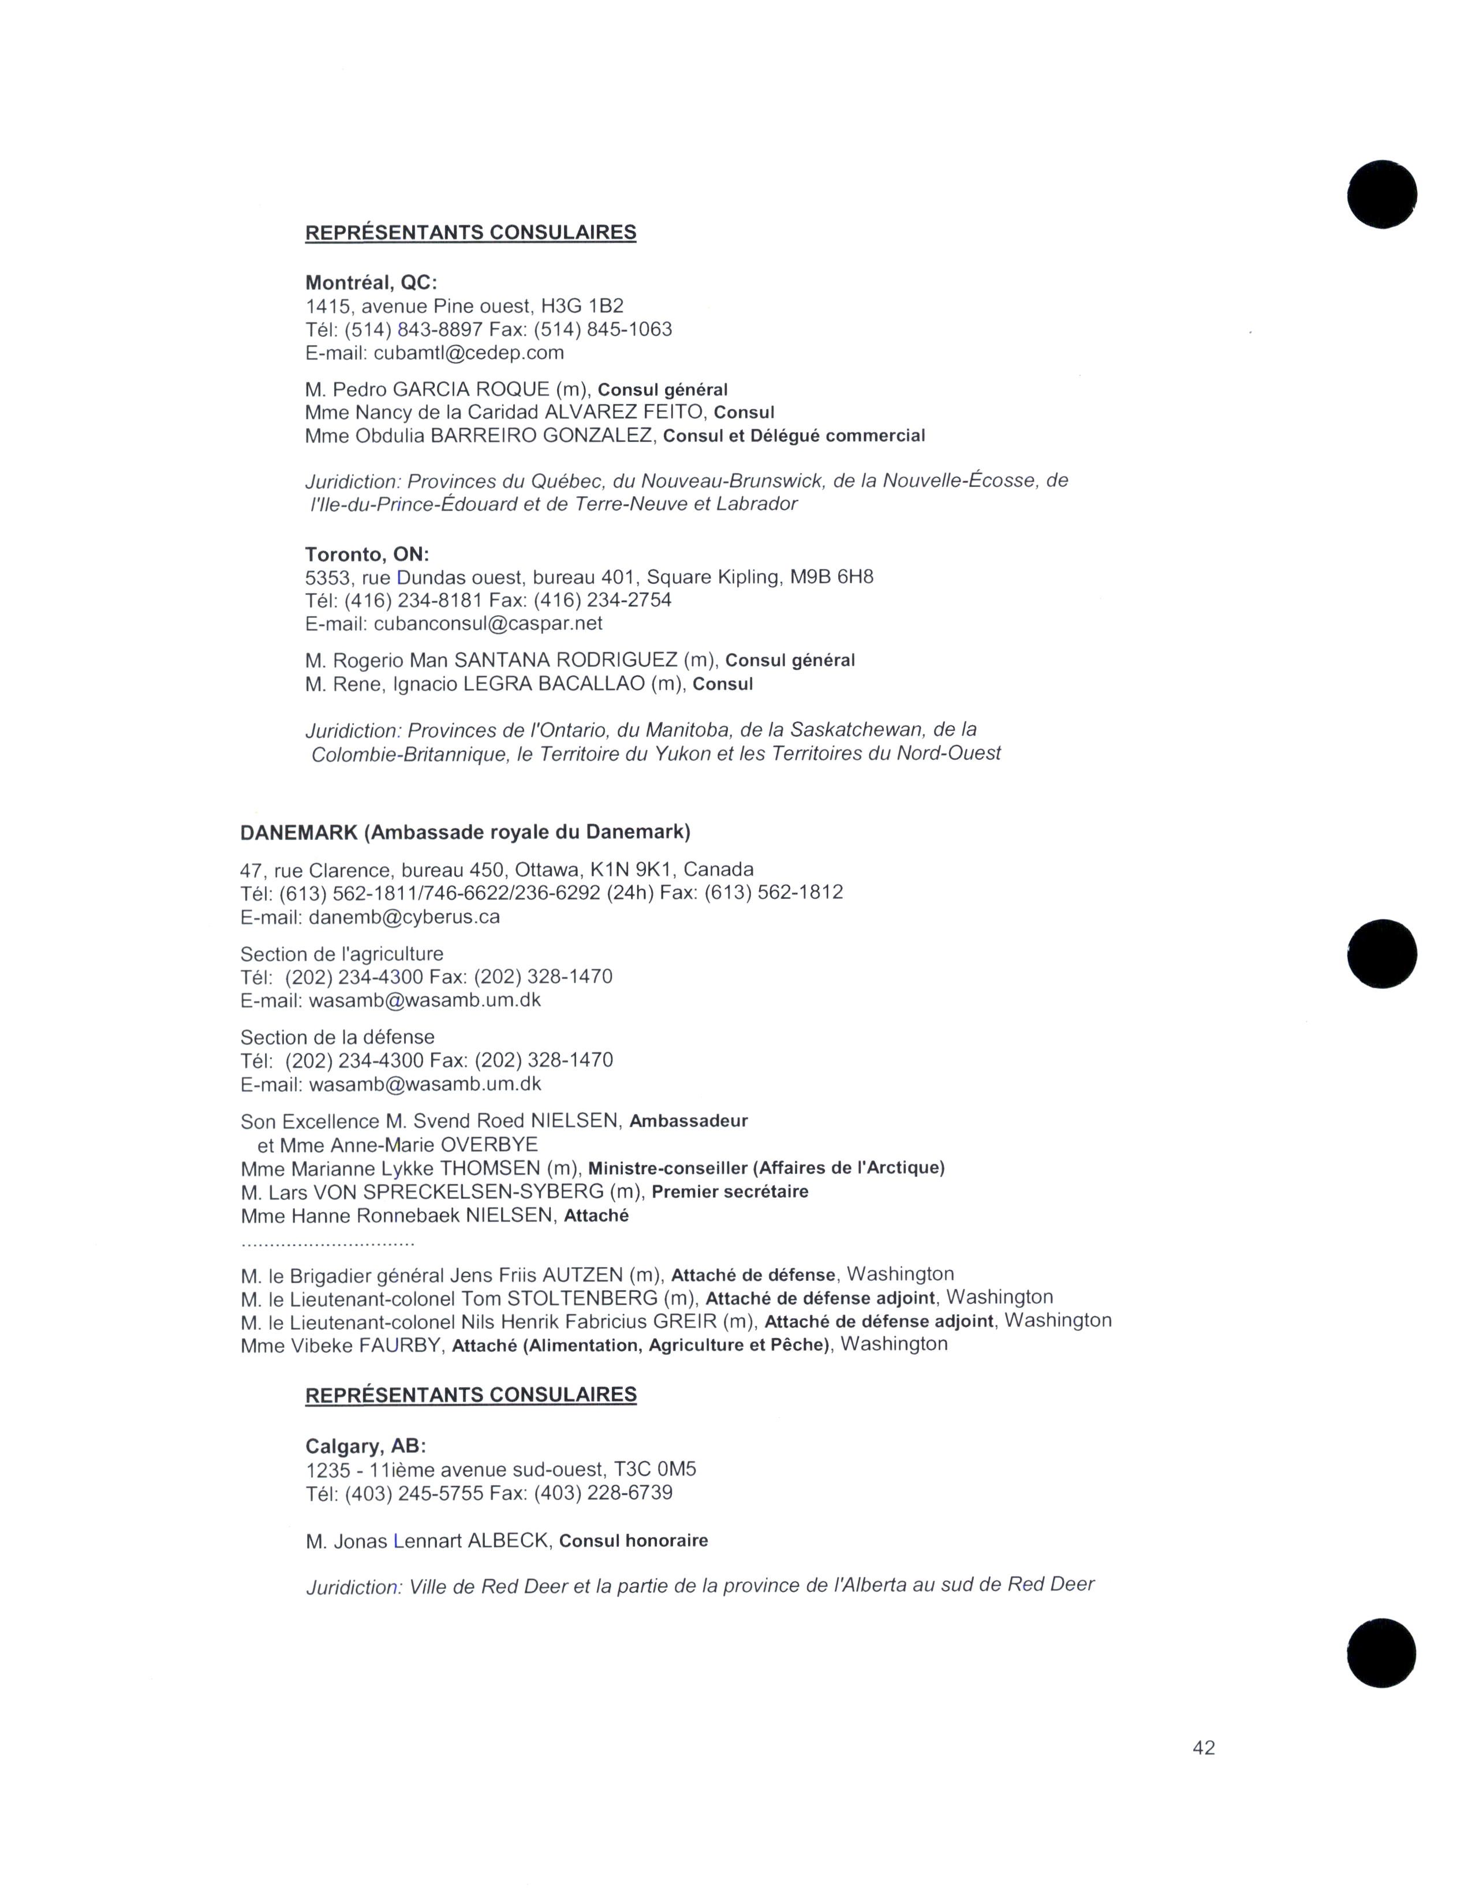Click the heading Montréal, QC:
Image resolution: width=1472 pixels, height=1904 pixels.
pos(371,283)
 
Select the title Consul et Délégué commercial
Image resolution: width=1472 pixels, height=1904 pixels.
pos(794,436)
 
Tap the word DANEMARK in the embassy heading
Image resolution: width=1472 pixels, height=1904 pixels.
pos(299,833)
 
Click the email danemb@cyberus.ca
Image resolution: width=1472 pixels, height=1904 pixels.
pos(404,917)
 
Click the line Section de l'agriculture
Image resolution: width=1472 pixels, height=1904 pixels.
pos(342,954)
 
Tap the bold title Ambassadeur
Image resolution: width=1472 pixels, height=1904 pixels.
pos(688,1121)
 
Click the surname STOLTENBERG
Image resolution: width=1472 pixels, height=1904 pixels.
pos(582,1298)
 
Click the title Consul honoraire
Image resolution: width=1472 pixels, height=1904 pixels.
pos(633,1541)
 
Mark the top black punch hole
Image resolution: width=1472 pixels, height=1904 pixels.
pos(1381,193)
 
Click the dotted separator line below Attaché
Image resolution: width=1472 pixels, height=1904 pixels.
pos(327,1242)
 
